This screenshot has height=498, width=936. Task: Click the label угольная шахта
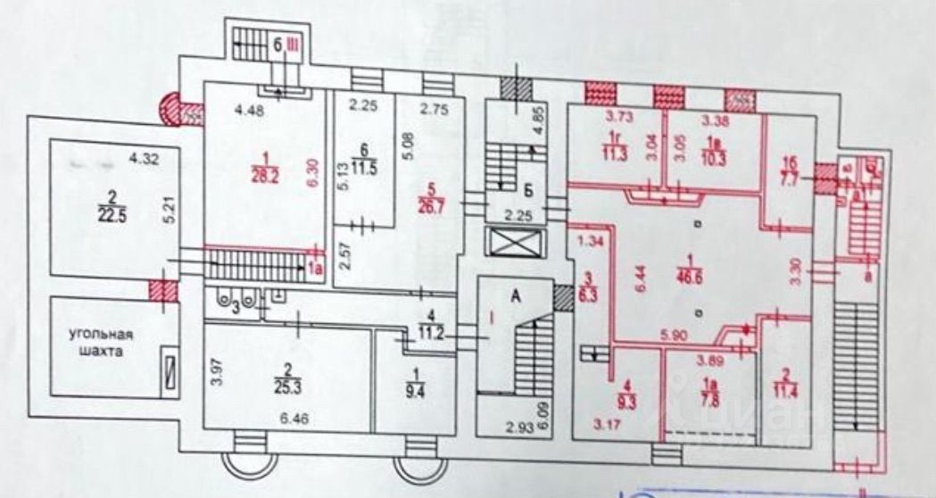(x=103, y=343)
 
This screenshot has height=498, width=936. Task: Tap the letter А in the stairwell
(x=516, y=300)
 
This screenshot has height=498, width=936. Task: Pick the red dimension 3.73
(x=618, y=116)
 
